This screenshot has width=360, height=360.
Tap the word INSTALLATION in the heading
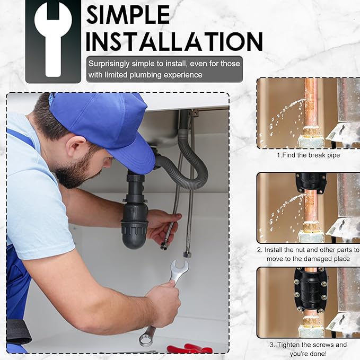coord(174,41)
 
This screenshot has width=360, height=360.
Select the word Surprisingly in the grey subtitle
coord(109,64)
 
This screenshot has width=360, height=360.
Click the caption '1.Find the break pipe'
coord(308,155)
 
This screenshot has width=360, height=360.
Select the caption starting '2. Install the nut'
coord(308,254)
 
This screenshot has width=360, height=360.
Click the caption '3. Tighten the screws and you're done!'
coord(308,349)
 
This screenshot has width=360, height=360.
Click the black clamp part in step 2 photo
coord(311,182)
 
